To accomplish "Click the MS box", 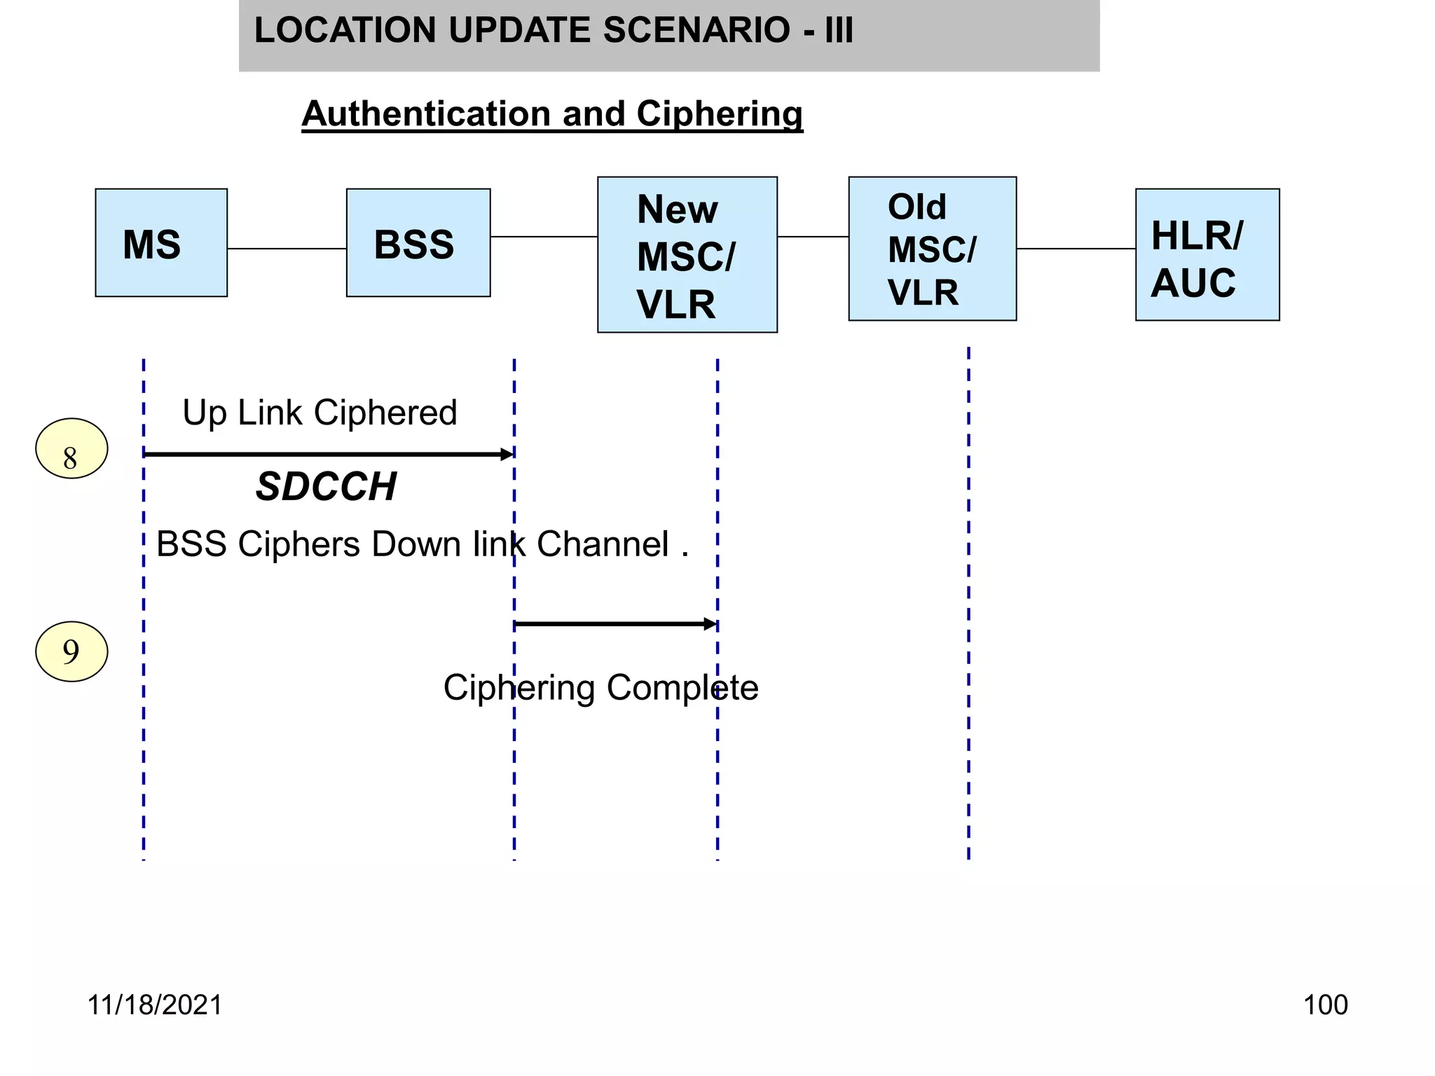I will [161, 242].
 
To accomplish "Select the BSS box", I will [418, 242].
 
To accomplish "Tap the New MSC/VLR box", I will [687, 255].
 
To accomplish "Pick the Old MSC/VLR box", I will [932, 249].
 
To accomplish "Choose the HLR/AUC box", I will [1207, 255].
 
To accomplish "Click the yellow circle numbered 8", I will [71, 449].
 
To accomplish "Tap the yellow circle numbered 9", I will [71, 651].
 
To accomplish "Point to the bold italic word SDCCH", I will [327, 486].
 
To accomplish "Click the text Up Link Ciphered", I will [320, 413].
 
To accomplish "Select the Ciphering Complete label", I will [600, 687].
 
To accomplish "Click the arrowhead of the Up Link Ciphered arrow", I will [507, 455].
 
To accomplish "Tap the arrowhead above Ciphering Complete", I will [710, 624].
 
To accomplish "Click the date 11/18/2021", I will [154, 1005].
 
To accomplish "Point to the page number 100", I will [1325, 1005].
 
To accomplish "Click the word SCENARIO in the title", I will [696, 31].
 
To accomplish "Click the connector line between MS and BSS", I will [287, 249].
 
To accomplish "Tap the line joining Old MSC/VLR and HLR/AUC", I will [1076, 249].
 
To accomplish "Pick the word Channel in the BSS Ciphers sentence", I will [603, 544].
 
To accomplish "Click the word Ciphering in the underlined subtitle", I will [719, 113].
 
